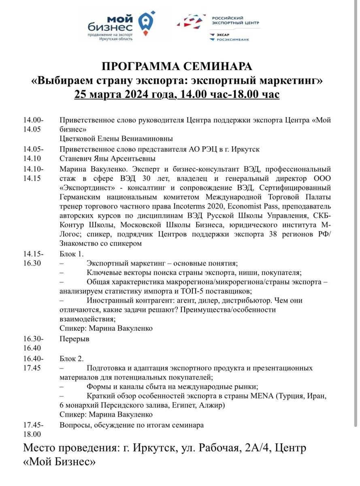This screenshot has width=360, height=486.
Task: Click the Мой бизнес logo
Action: tap(121, 25)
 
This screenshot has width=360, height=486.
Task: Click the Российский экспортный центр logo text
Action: tap(235, 21)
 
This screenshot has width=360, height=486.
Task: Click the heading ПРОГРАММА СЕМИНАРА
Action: tap(177, 66)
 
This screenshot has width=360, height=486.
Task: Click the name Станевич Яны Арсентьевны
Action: tap(107, 159)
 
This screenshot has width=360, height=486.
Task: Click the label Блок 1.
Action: tap(71, 254)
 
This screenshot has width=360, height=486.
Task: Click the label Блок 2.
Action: tap(71, 358)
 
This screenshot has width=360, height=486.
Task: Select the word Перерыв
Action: tap(74, 339)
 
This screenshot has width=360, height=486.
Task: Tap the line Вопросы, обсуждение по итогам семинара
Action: tap(132, 425)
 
